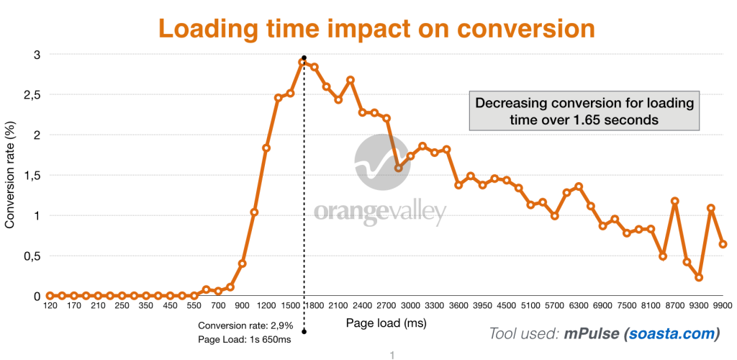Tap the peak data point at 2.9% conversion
coord(303,62)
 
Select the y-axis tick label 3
coord(37,54)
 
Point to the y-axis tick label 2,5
coord(32,94)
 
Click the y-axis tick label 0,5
coord(32,256)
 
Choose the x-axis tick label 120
coord(50,306)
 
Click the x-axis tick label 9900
coord(722,306)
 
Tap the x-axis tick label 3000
coord(410,306)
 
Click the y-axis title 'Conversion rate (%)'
coord(10,175)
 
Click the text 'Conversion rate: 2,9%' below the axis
coord(244,325)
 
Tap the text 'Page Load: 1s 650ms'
coord(244,339)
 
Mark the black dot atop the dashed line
coord(304,57)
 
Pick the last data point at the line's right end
coord(723,244)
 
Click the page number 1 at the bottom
coord(392,354)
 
